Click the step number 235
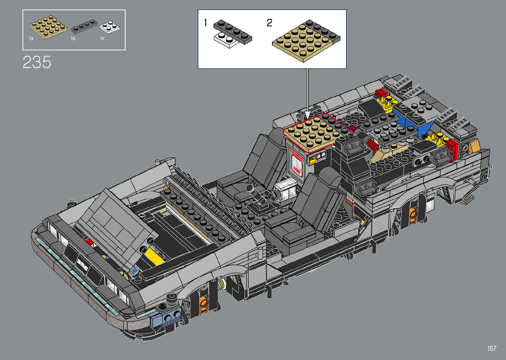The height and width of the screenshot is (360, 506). click(37, 62)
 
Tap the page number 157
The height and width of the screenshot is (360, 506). click(492, 348)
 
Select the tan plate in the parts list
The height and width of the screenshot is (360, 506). click(48, 27)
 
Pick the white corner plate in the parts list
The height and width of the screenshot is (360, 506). click(110, 27)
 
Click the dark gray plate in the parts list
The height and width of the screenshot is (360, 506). click(84, 26)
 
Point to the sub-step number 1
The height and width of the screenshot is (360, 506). click(205, 23)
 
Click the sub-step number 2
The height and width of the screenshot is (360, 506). click(269, 23)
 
